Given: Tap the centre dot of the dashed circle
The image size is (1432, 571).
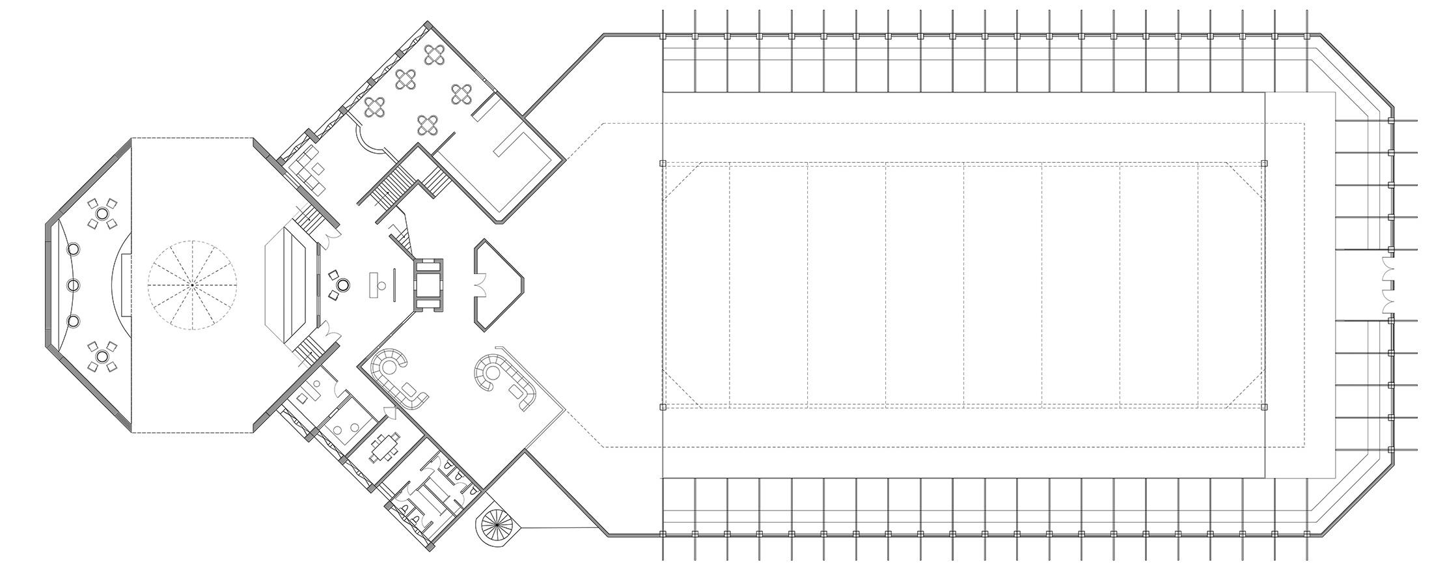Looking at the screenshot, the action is [x=193, y=285].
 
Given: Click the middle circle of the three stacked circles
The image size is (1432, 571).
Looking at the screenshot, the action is [x=73, y=285].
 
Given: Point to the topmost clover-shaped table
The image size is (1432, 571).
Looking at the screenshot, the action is [x=434, y=55].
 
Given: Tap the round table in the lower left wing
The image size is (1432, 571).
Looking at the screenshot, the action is [x=102, y=356].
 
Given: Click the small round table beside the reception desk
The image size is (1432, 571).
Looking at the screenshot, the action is [x=342, y=285].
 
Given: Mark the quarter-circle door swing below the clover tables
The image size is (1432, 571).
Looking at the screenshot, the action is [x=368, y=140].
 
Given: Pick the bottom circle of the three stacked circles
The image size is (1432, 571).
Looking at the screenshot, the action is [x=73, y=321].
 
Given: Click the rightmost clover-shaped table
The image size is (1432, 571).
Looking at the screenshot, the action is [x=461, y=94].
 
